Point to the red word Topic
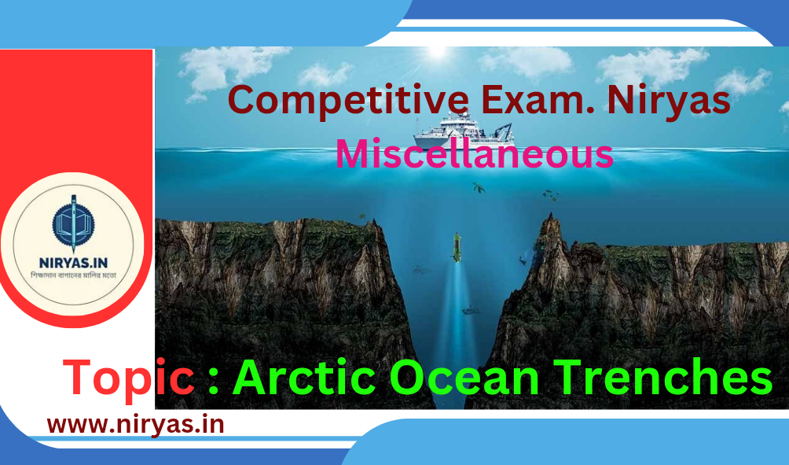pyautogui.click(x=129, y=379)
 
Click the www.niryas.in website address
pyautogui.click(x=136, y=425)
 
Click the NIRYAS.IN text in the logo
pyautogui.click(x=73, y=263)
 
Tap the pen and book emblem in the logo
pyautogui.click(x=73, y=223)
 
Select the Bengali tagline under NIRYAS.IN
pyautogui.click(x=73, y=276)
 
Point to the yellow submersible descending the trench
pyautogui.click(x=457, y=247)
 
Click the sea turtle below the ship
pyautogui.click(x=479, y=188)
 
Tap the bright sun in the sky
pyautogui.click(x=437, y=51)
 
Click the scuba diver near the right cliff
pyautogui.click(x=523, y=260)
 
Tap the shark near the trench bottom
pyautogui.click(x=471, y=310)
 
